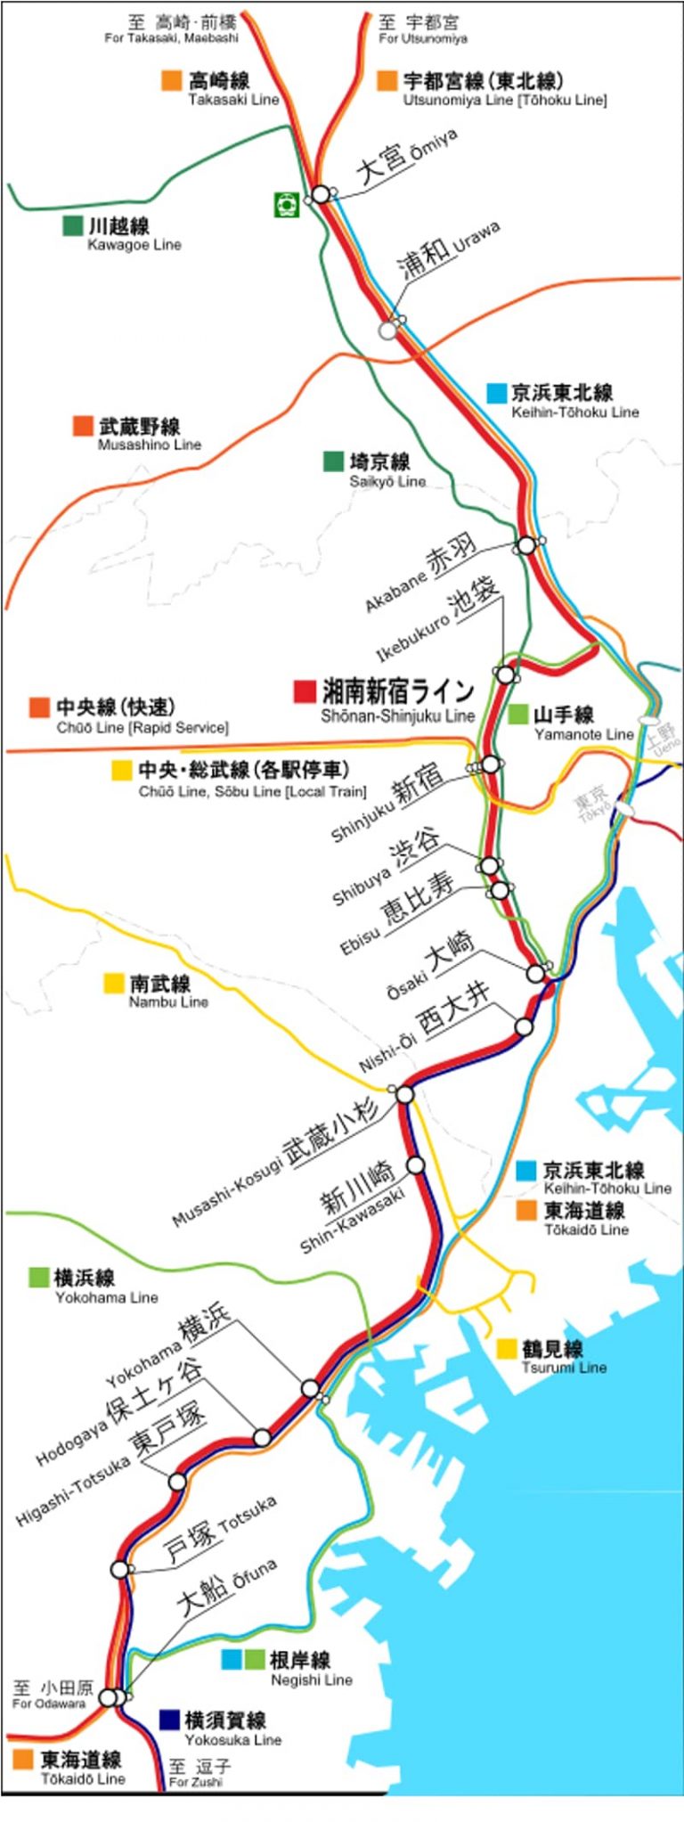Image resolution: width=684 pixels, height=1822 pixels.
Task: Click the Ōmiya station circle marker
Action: point(320,194)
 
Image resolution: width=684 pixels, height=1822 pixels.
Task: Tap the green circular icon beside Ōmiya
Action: point(285,204)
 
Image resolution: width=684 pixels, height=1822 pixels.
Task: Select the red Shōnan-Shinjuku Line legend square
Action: point(305,691)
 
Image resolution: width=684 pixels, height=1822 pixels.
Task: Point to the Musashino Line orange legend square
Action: point(84,426)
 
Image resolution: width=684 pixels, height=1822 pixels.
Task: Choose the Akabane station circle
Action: point(527,544)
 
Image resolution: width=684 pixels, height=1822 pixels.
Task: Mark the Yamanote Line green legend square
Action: point(518,714)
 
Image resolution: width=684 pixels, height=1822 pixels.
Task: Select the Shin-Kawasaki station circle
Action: point(416,1164)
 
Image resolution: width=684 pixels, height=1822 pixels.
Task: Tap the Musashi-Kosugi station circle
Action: point(405,1094)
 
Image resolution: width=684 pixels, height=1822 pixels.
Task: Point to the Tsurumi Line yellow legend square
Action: point(508,1349)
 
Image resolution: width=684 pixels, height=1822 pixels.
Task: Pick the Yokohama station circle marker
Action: point(310,1388)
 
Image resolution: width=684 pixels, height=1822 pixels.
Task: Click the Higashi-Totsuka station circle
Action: point(177,1482)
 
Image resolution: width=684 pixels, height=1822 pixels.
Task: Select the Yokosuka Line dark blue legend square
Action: point(169,1720)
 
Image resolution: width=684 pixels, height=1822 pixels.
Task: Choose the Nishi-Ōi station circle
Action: point(524,1027)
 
